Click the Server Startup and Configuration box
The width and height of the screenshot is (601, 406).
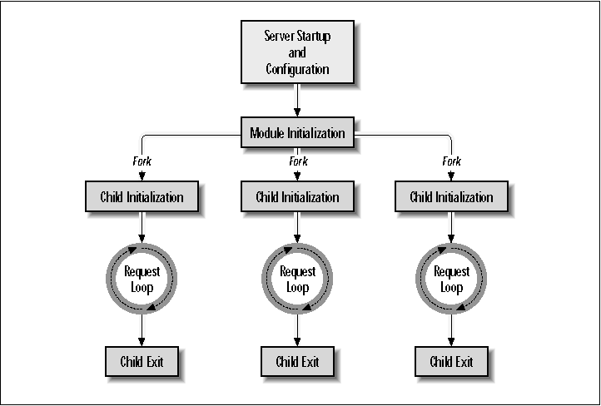[297, 52]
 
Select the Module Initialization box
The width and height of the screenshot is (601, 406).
[297, 133]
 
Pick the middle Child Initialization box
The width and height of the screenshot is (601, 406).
[297, 197]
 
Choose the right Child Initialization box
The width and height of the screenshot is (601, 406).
[451, 197]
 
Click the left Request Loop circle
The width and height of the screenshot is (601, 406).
[142, 280]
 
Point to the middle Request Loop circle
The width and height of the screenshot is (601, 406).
[297, 280]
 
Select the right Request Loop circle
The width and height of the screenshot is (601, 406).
[451, 280]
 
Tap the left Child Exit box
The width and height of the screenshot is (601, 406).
[142, 362]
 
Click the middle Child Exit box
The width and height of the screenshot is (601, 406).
[297, 362]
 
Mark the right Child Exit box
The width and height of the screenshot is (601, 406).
[451, 362]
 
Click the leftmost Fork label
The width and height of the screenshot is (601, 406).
[142, 161]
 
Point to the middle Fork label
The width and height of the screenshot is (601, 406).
[297, 161]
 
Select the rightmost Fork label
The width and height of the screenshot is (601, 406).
[451, 161]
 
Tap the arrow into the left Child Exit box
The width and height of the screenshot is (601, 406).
[142, 330]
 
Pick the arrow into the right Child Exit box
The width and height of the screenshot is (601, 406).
[451, 330]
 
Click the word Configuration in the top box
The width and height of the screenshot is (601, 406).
[297, 68]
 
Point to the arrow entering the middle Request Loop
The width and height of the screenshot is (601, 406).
[297, 229]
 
